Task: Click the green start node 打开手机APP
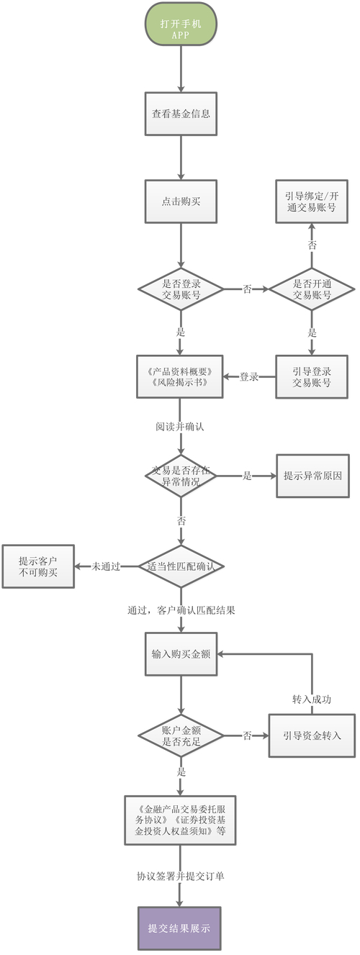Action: pyautogui.click(x=180, y=28)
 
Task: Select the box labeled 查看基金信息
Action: pyautogui.click(x=180, y=114)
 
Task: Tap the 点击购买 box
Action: pyautogui.click(x=180, y=201)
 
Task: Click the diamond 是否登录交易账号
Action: pyautogui.click(x=180, y=289)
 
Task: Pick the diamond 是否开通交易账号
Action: pyautogui.click(x=312, y=289)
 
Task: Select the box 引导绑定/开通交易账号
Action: pyautogui.click(x=312, y=201)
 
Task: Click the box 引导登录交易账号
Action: pyautogui.click(x=312, y=376)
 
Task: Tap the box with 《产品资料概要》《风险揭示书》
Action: pyautogui.click(x=180, y=376)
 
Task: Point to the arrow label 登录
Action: pyautogui.click(x=249, y=376)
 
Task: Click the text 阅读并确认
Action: pyautogui.click(x=180, y=426)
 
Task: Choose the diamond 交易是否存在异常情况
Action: pyautogui.click(x=180, y=476)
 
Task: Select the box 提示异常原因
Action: pyautogui.click(x=312, y=476)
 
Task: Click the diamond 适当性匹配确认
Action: pyautogui.click(x=180, y=566)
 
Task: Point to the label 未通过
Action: pyautogui.click(x=105, y=566)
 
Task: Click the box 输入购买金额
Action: pyautogui.click(x=180, y=654)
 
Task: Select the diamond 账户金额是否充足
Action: pyautogui.click(x=180, y=735)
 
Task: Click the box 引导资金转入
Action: pyautogui.click(x=312, y=735)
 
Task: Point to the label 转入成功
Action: pyautogui.click(x=312, y=699)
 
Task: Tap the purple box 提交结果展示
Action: pyautogui.click(x=180, y=928)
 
